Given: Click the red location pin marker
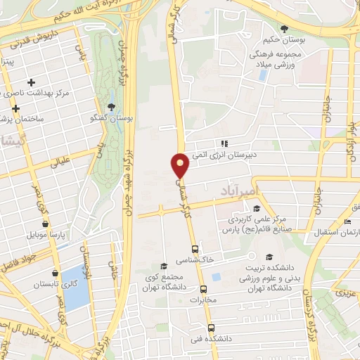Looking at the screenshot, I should [180, 165].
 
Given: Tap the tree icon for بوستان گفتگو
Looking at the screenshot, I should [112, 107].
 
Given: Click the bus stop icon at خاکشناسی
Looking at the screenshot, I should [195, 249].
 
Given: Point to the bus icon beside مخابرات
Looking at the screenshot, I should [203, 289].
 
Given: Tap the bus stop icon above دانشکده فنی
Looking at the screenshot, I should [210, 327].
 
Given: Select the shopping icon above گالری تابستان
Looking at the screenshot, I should [56, 274].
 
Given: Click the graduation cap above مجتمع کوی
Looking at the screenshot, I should [164, 266].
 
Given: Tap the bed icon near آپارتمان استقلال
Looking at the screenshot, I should [348, 222].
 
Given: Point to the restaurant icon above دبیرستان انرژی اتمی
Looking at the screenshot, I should [223, 145].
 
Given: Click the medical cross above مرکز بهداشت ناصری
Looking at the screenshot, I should [31, 82].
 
